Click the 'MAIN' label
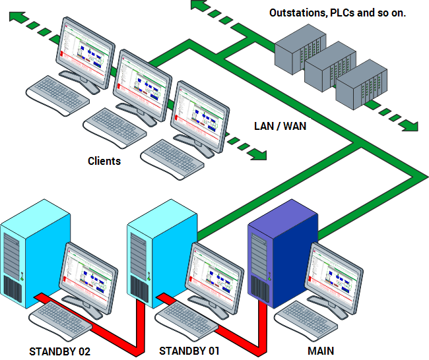321,351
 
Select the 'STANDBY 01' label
189,351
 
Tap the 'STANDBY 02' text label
59,351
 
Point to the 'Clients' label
104,161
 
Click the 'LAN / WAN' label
280,125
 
